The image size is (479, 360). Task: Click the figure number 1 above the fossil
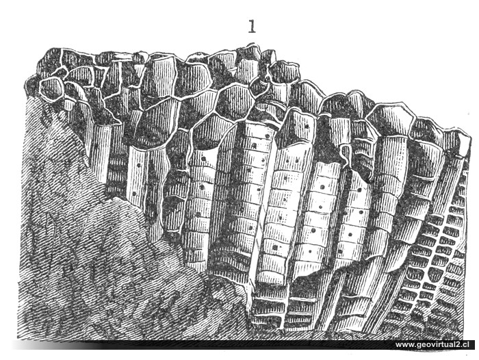pos(252,27)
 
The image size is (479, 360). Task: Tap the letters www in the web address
pos(406,344)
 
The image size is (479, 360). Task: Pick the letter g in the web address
pos(419,345)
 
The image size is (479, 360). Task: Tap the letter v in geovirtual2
pos(432,344)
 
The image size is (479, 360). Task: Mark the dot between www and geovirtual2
pos(415,346)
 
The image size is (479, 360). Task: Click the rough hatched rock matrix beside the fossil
pos(82,260)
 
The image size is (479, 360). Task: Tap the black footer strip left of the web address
pos(205,344)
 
